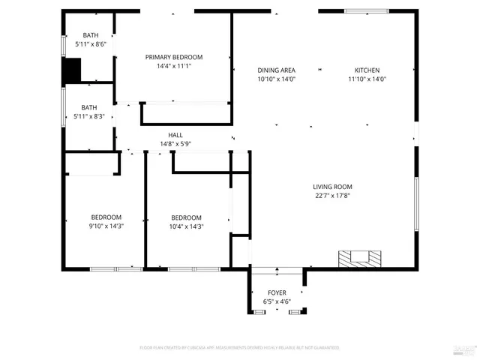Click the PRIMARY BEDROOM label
pos(174,57)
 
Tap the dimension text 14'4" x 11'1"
pos(174,66)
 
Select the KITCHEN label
pos(367,70)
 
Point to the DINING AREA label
pos(276,70)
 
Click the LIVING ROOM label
pos(332,187)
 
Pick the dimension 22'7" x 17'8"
pos(332,196)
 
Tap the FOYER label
pos(277,292)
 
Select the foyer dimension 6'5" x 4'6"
pos(277,301)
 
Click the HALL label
pos(175,135)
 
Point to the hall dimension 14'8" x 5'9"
pos(175,144)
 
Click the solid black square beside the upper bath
pos(71,70)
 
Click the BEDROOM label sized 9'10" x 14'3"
pos(106,217)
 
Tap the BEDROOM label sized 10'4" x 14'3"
pos(186,217)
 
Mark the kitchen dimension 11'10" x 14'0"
pos(367,79)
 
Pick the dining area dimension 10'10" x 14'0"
pos(276,79)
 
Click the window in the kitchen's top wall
pos(366,11)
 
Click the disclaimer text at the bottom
pos(239,348)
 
